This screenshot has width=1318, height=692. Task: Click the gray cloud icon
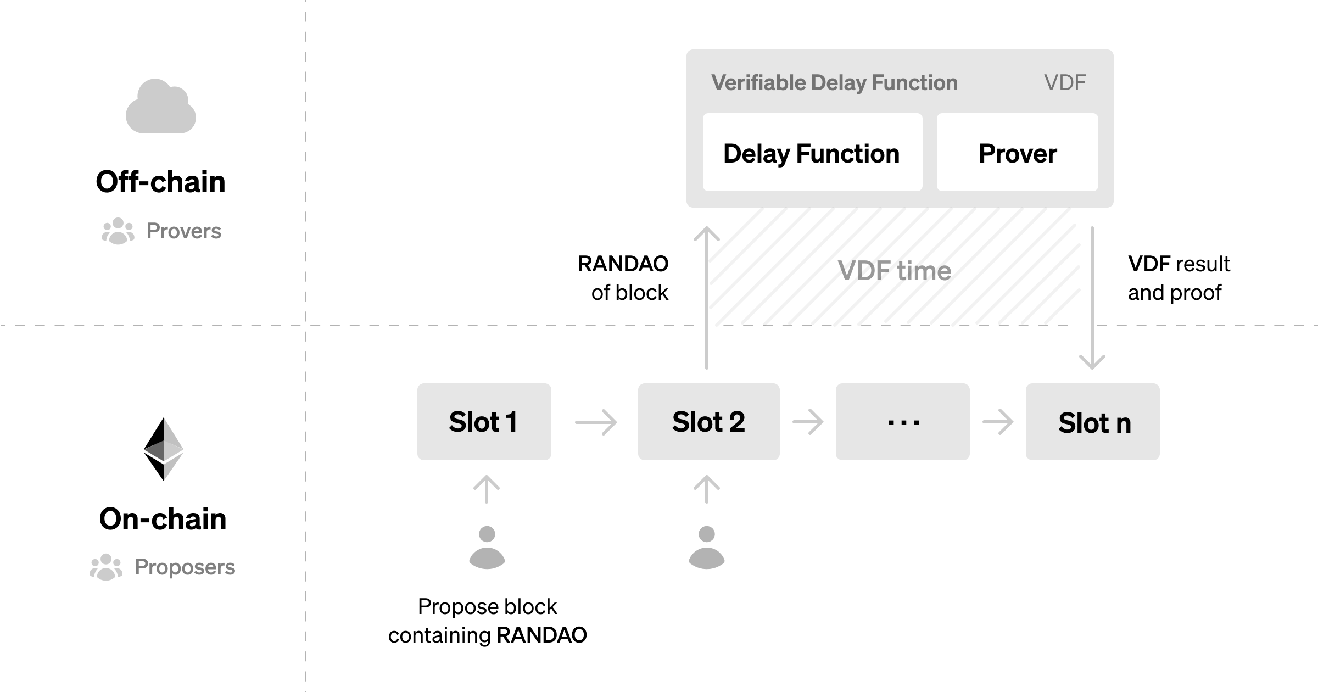click(x=161, y=107)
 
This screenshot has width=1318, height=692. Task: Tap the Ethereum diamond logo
click(x=163, y=449)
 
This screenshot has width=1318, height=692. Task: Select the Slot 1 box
click(x=484, y=422)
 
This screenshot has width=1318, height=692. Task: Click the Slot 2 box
click(x=708, y=422)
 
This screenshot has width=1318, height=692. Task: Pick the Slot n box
click(x=1092, y=422)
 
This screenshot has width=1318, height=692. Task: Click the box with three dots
click(x=902, y=422)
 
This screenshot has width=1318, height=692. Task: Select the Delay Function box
click(x=812, y=153)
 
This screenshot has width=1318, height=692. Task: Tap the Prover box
click(x=1017, y=153)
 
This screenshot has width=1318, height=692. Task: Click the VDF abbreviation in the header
click(x=1064, y=83)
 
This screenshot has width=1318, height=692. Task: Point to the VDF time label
click(x=894, y=271)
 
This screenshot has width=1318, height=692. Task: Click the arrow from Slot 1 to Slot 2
click(x=596, y=422)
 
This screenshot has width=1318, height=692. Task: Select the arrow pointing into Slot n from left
click(x=997, y=422)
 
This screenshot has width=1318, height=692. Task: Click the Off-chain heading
click(x=160, y=182)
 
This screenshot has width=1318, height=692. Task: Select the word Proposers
click(x=185, y=567)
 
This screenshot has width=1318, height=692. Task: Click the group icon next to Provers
click(x=118, y=231)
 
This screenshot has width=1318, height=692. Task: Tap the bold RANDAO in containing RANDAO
click(x=541, y=635)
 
